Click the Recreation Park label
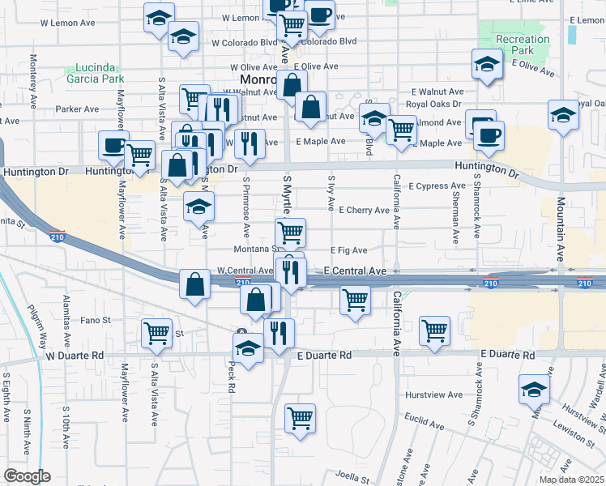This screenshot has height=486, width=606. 523,45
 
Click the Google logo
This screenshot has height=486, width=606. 27,476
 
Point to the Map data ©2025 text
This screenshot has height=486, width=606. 572,480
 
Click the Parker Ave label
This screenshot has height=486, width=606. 77,109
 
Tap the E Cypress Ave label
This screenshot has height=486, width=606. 437,186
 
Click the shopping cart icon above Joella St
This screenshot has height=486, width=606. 300,419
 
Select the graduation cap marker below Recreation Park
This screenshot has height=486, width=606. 487,65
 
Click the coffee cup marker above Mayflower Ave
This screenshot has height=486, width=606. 113,146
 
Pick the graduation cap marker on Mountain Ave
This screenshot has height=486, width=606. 563,115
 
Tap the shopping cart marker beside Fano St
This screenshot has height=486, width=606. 156,332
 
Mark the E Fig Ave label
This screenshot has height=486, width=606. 349,250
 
